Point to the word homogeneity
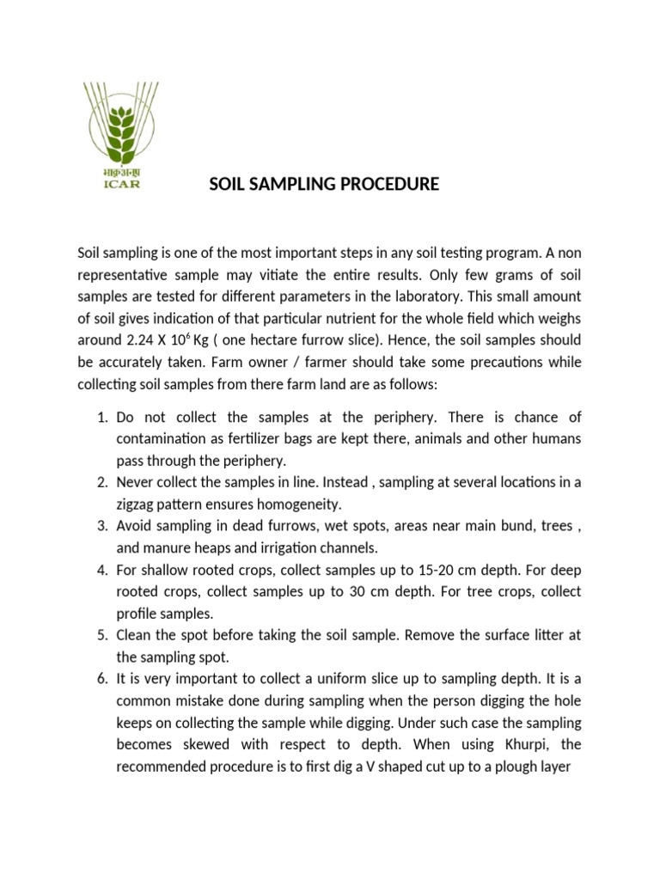click(x=281, y=504)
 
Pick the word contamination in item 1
click(x=164, y=439)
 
